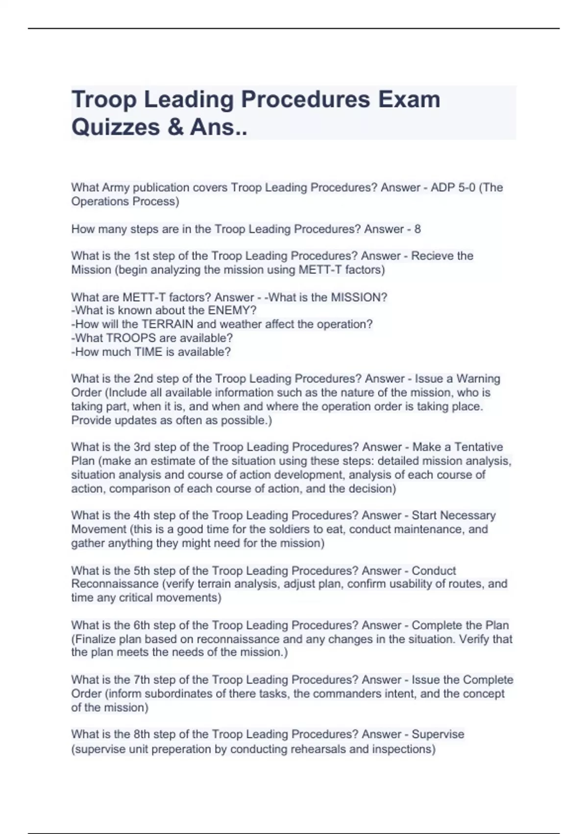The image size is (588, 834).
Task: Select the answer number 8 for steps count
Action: tap(417, 229)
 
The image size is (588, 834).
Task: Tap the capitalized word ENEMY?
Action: tap(232, 311)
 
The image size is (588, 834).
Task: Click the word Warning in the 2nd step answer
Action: tap(478, 379)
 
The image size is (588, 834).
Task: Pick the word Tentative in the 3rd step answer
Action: tap(478, 447)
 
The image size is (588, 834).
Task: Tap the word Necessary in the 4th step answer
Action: tap(467, 515)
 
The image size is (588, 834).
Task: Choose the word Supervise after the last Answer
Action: tap(438, 734)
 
